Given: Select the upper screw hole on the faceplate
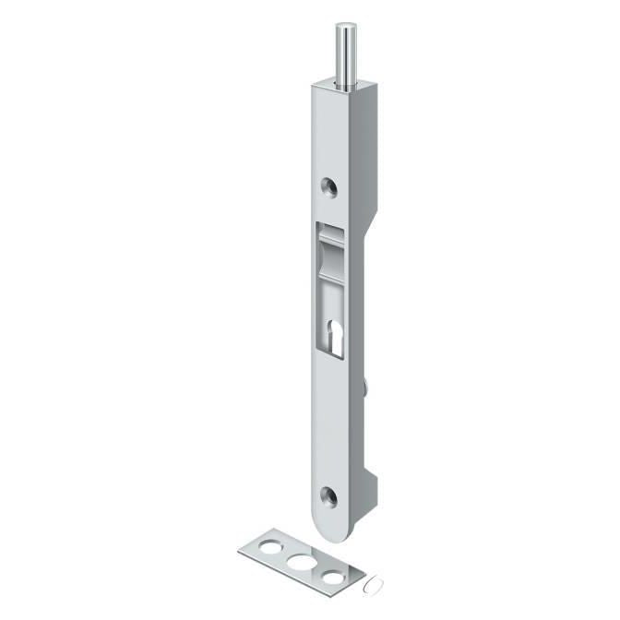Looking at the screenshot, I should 328,186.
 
